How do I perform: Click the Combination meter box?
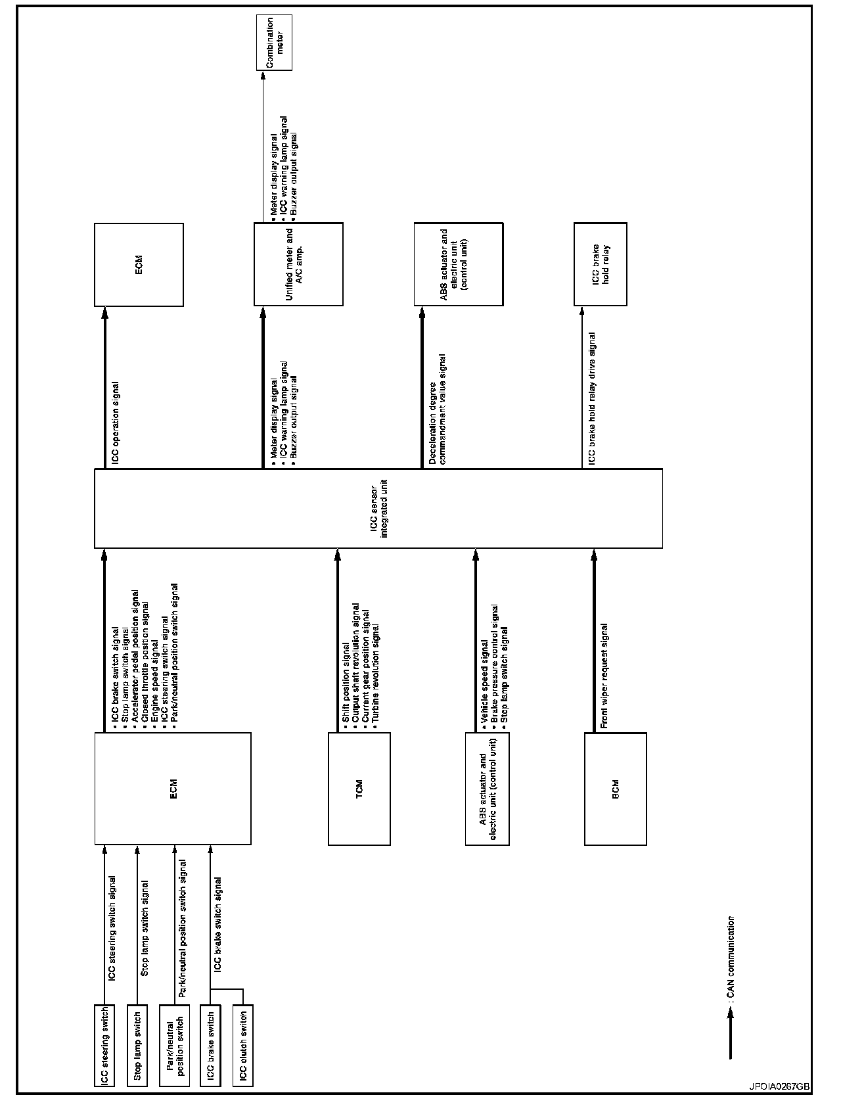pos(274,43)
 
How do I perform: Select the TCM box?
pos(359,788)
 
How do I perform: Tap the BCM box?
pos(615,788)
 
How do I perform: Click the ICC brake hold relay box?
pos(600,264)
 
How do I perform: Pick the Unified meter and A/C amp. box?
pos(298,264)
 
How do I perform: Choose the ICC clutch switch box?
pos(242,1046)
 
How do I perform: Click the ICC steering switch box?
pos(104,1046)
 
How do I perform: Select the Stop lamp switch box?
pos(137,1046)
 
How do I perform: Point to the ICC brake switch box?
pos(210,1046)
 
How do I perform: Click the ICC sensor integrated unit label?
pos(378,508)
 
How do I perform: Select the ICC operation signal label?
pos(116,423)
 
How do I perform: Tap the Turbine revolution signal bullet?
pos(376,673)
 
